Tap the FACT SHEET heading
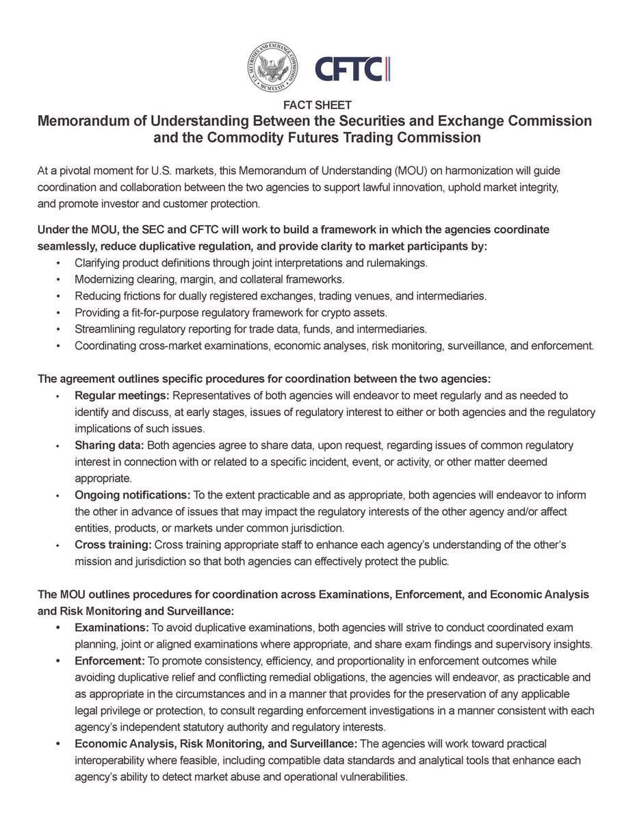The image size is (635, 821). [x=317, y=105]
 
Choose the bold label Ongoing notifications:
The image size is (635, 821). [x=133, y=495]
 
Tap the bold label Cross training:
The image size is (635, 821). [x=114, y=544]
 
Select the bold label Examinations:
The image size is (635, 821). [x=111, y=627]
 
